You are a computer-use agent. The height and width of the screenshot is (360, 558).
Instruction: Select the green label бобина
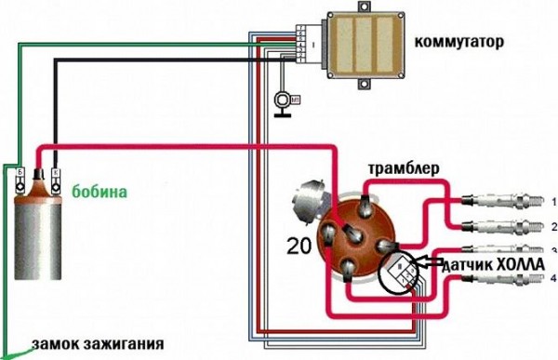100,192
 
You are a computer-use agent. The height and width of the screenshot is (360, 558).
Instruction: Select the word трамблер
403,170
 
